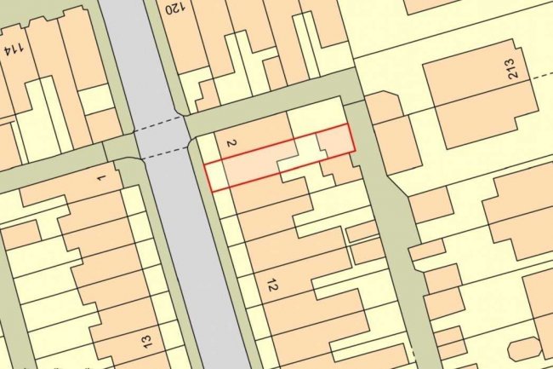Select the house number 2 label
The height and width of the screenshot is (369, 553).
[231, 142]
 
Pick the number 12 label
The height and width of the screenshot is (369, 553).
[271, 285]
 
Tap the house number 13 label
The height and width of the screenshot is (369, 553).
[145, 341]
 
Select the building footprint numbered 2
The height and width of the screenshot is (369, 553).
[255, 136]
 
